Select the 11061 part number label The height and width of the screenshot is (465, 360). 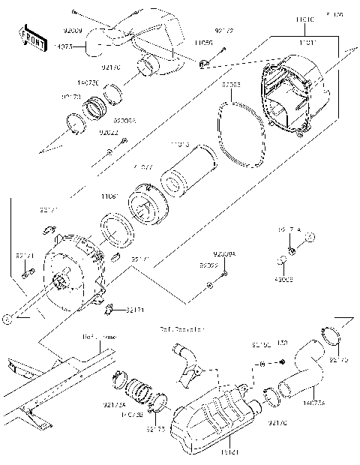pos(110,196)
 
